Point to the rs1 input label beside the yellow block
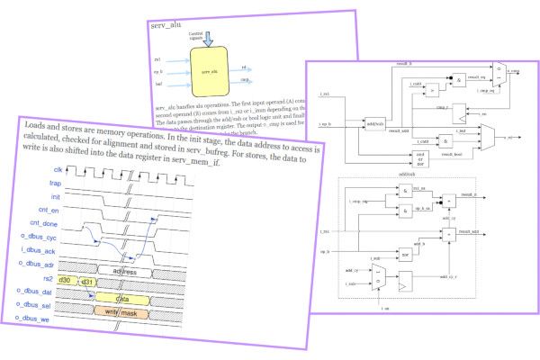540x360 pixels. pos(158,58)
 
